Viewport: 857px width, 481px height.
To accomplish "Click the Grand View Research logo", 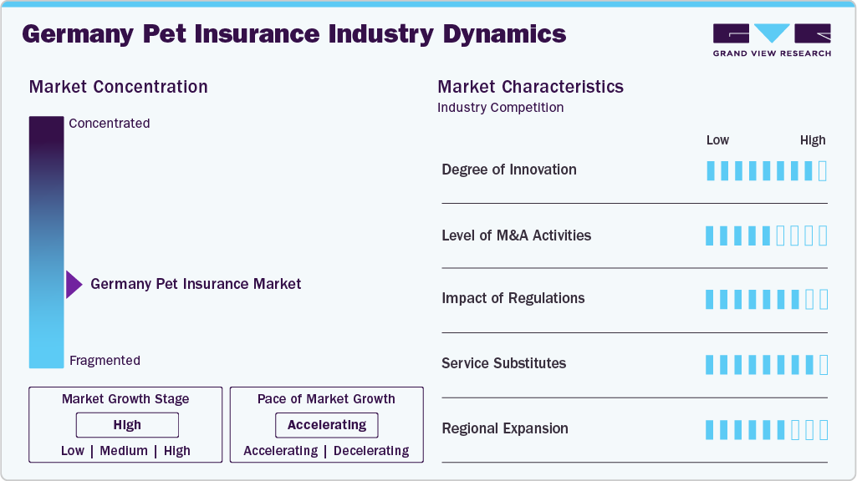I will coord(772,39).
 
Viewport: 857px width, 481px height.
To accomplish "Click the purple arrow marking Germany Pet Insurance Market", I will coord(74,285).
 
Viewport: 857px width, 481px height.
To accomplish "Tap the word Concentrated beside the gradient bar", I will coord(110,124).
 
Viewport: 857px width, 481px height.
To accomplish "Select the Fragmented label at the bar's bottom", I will coord(105,361).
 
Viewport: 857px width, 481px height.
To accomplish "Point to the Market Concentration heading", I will coord(118,87).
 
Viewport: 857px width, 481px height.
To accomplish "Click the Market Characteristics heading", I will coord(530,87).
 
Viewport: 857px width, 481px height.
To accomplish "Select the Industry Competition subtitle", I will coord(500,108).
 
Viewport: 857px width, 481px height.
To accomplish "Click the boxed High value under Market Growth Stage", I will coord(127,425).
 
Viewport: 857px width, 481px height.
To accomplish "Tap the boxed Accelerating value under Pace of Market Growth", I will coord(327,425).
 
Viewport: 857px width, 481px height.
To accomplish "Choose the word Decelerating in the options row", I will coord(371,451).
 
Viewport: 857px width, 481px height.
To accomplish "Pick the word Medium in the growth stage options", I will coord(125,451).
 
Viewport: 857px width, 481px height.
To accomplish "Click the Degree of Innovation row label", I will coord(508,170).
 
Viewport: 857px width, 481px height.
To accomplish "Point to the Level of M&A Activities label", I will coord(516,235).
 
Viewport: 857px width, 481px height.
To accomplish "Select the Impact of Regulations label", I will coord(513,298).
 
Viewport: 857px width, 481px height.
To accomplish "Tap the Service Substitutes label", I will coord(503,363).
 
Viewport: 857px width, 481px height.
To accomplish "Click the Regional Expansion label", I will coord(504,428).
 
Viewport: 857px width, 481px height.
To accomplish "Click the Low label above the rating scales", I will coord(717,140).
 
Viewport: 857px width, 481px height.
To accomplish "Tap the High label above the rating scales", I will coord(812,140).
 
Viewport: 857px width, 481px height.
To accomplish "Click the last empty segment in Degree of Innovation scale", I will coord(823,171).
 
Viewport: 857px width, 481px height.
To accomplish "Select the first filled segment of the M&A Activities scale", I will coord(711,235).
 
